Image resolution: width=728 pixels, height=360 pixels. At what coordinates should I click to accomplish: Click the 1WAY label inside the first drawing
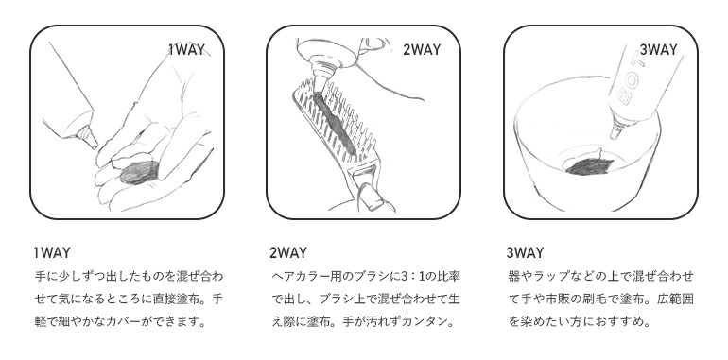click(186, 50)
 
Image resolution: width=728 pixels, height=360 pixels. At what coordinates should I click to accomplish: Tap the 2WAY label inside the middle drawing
click(422, 50)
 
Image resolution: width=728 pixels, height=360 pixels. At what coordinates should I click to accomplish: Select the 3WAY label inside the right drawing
click(658, 50)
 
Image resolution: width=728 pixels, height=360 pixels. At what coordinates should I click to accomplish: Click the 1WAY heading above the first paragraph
click(52, 253)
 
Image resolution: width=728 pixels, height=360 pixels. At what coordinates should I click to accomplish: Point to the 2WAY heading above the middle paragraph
click(288, 253)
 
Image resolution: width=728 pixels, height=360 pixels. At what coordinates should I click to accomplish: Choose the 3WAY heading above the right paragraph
click(525, 253)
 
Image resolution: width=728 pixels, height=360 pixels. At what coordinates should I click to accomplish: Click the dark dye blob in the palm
click(139, 173)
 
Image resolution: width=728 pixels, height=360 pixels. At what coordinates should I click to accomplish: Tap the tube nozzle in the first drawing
click(87, 137)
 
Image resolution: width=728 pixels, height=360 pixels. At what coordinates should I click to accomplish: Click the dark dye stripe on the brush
click(335, 124)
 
